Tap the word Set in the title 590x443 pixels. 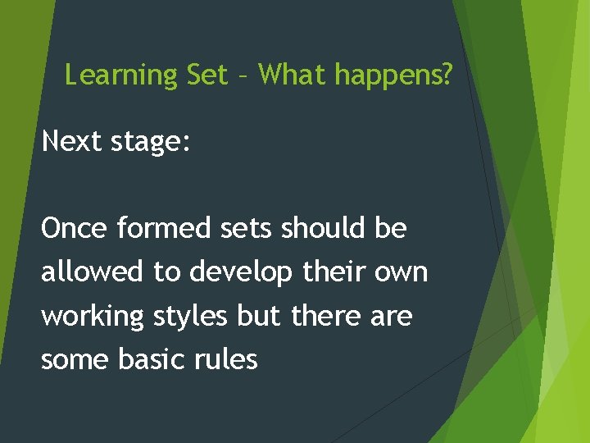[x=207, y=75]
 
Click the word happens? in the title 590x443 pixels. [x=393, y=76]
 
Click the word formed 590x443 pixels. [x=163, y=228]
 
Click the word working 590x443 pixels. [x=93, y=317]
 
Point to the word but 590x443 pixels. [x=259, y=315]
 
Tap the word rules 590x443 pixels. [x=225, y=359]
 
